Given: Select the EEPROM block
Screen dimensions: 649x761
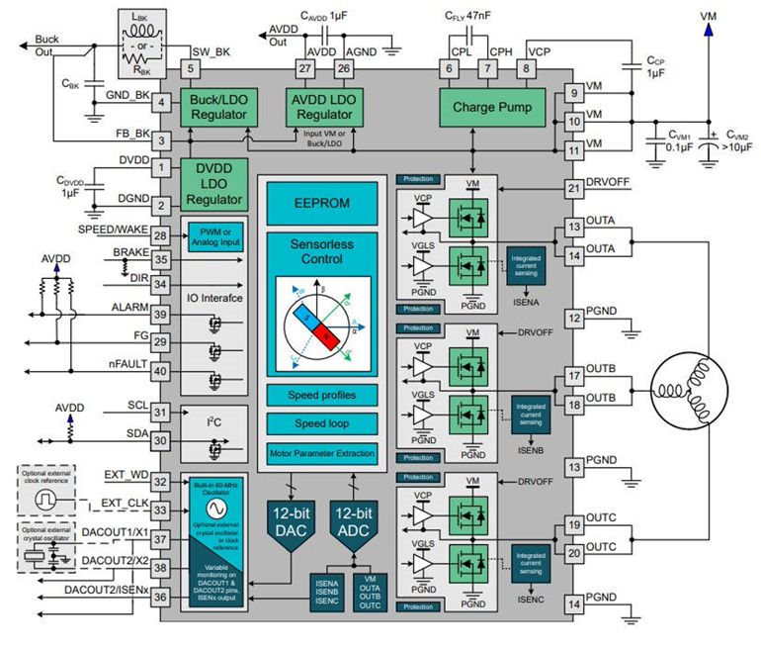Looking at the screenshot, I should click(321, 202).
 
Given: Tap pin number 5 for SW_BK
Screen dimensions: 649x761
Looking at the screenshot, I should click(191, 69).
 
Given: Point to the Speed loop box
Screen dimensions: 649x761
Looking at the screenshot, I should click(321, 423).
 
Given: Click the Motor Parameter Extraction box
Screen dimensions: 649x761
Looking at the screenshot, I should click(321, 454).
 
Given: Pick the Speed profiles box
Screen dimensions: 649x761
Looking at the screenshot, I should click(321, 394).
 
